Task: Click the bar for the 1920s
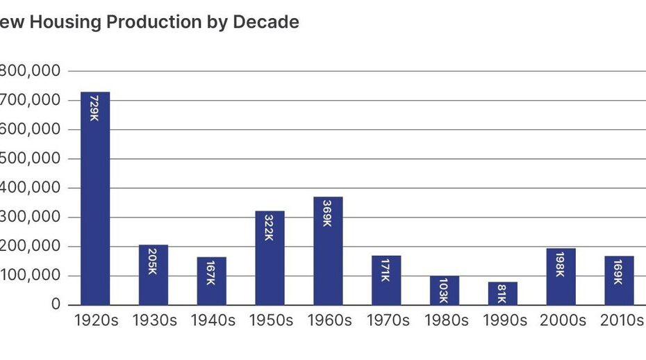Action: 95,198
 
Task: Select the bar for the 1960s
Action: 328,251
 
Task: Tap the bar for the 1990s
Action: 502,293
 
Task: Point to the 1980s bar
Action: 444,291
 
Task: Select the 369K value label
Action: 328,212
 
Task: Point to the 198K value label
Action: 561,263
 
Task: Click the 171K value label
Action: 386,270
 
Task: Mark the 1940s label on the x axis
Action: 211,321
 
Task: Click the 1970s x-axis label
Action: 386,321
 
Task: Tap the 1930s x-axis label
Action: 153,321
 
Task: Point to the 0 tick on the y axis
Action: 56,305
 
